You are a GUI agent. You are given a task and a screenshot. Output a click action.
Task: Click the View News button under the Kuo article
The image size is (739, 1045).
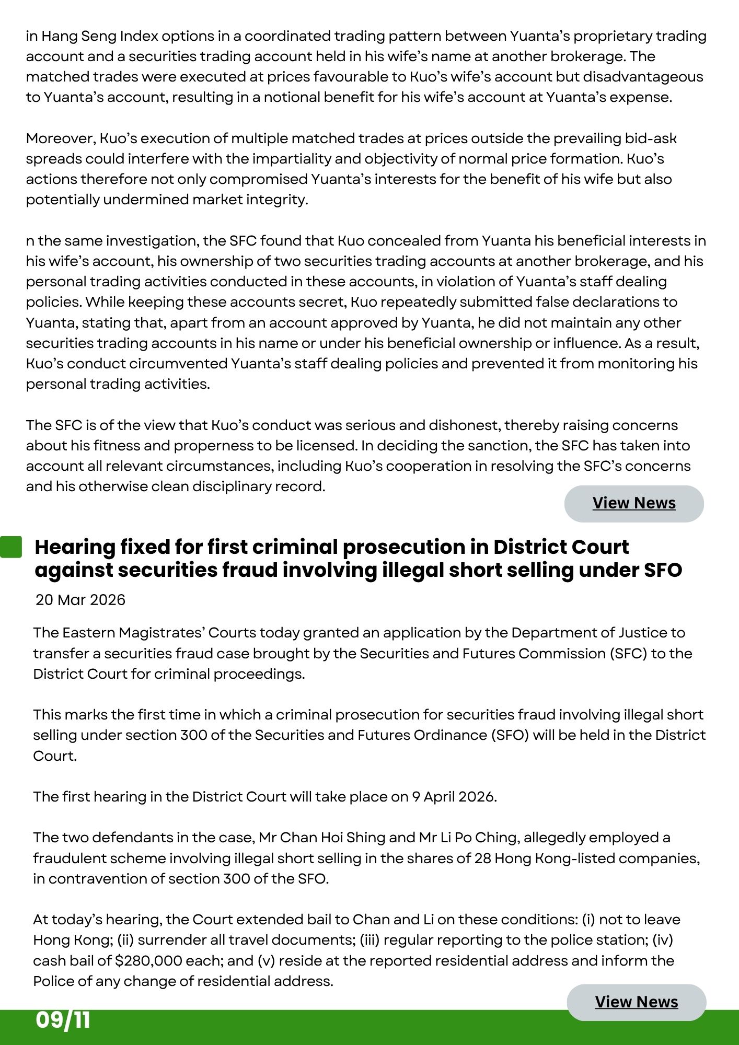tap(634, 503)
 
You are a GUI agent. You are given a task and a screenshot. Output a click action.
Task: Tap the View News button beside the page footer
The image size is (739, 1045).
tap(636, 1002)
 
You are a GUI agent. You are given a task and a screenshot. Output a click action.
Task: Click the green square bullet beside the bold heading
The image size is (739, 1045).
tap(11, 547)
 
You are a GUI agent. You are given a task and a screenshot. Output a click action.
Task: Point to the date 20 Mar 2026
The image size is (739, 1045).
tap(80, 599)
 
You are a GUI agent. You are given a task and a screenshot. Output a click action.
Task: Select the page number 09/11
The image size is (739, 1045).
tap(63, 1020)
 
